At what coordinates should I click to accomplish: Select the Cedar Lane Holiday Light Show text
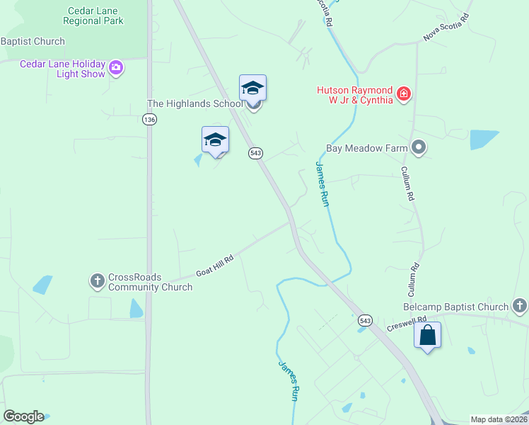click(62, 69)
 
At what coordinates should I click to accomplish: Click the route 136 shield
click(149, 120)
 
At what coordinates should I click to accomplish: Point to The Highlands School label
click(194, 103)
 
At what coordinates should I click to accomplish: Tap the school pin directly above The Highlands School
click(252, 89)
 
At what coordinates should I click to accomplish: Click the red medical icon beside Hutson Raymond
click(404, 93)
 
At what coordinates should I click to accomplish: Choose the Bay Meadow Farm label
click(366, 149)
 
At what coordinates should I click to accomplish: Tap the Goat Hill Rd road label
click(215, 266)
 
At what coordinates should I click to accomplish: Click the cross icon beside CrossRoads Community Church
click(98, 281)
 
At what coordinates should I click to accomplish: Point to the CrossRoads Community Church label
click(150, 282)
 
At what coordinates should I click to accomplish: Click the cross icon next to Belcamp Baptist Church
click(520, 306)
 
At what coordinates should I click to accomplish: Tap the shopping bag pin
click(428, 335)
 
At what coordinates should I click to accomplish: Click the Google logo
click(23, 416)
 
